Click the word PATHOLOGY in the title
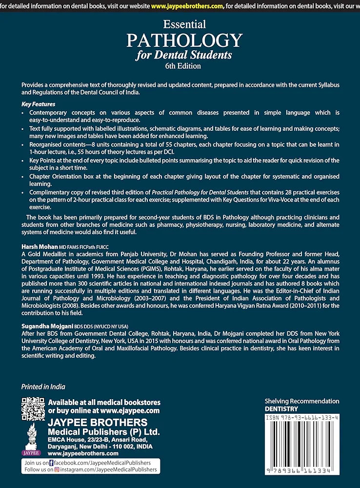click(184, 40)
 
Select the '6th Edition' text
click(184, 65)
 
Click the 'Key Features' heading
click(39, 104)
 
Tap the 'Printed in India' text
click(43, 386)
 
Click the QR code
click(33, 409)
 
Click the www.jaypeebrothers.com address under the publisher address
click(83, 453)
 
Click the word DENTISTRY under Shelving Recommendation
click(281, 409)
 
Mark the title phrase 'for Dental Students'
click(184, 54)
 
